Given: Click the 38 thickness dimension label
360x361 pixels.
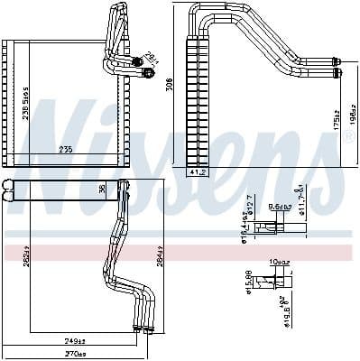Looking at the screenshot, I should [x=102, y=190].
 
